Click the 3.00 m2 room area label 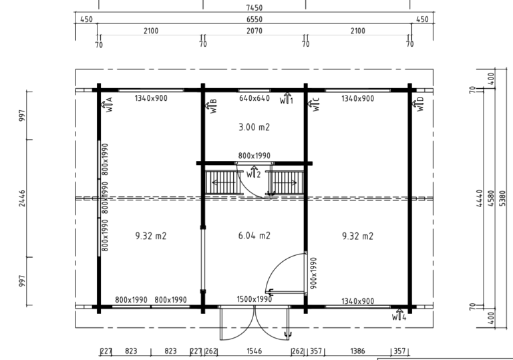coord(254,127)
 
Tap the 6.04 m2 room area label coord(254,236)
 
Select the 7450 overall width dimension coord(254,7)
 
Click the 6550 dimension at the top coord(254,19)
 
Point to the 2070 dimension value coord(254,31)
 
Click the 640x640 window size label coord(254,98)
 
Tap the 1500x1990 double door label coord(254,299)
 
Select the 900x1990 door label coord(313,273)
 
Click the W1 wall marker coord(287,98)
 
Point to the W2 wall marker coord(254,172)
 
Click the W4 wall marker coord(399,315)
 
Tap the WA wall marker coord(107,104)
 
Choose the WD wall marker coord(417,104)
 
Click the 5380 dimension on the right coord(502,198)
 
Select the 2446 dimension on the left coord(22,198)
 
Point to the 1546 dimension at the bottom coord(254,351)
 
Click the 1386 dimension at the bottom coord(357,351)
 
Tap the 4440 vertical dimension coord(480,198)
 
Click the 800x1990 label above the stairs coord(254,156)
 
